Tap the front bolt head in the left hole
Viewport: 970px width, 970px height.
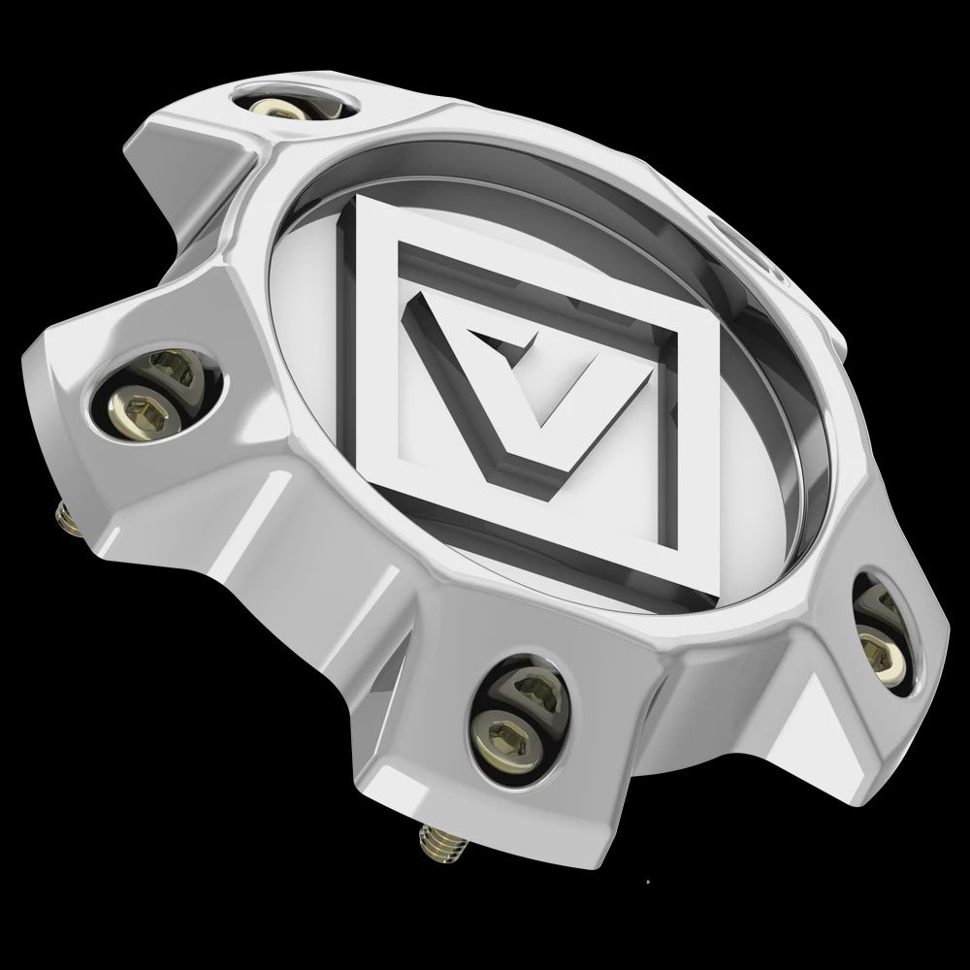(x=133, y=402)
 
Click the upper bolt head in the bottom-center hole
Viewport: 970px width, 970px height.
(x=532, y=691)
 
